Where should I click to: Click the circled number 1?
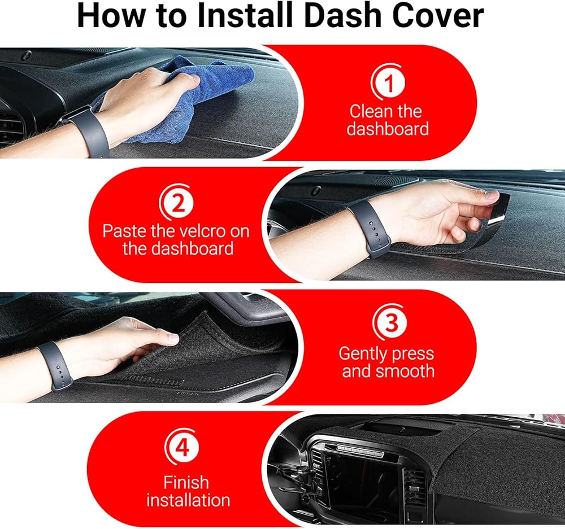(388, 82)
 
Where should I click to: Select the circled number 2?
(176, 203)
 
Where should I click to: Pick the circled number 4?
(181, 447)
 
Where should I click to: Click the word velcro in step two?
(202, 231)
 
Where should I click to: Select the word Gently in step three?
(363, 355)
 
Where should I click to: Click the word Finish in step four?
(186, 483)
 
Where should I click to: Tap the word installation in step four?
(188, 500)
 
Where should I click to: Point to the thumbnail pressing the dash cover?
(172, 338)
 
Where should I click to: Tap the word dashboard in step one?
(388, 129)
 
